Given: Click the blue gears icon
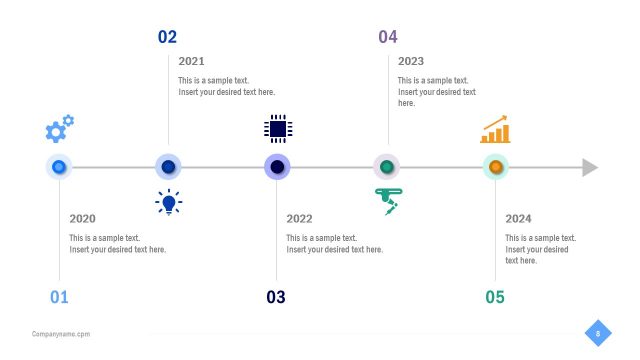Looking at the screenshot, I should point(59,128).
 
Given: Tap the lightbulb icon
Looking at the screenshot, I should point(169,202).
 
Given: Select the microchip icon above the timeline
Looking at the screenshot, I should point(278,128).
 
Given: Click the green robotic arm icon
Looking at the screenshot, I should point(387,202).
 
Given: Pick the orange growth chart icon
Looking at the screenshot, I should point(495,130).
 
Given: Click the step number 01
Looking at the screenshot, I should point(59,297).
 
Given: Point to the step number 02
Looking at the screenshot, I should point(167,37).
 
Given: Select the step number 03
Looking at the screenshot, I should point(276,297).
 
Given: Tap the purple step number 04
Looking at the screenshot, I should point(387,37).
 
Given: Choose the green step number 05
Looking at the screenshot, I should point(495,297).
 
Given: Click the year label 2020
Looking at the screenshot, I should point(82,219).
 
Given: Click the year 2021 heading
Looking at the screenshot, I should point(191,61).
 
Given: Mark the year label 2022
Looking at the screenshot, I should point(299,219).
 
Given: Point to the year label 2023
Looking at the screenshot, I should point(411,61).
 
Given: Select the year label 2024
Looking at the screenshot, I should point(518,219).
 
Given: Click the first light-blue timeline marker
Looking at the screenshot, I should point(59,167).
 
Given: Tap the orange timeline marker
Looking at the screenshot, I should point(495,167).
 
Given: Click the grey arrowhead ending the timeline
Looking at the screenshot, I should point(590,167).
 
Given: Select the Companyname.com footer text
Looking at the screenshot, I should point(61,334).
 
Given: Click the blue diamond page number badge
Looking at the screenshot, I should point(598,333).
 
